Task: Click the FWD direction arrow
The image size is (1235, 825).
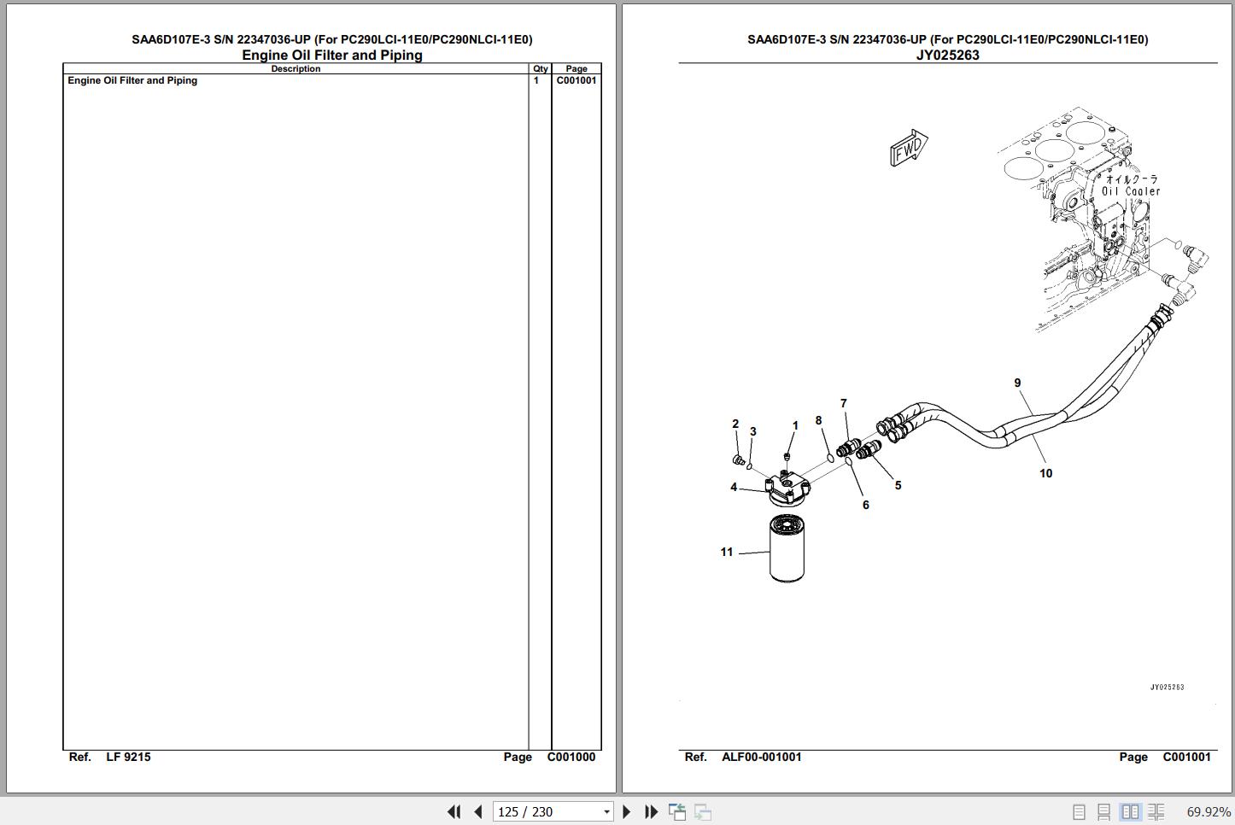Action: pyautogui.click(x=909, y=148)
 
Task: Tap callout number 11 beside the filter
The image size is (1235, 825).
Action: pyautogui.click(x=727, y=552)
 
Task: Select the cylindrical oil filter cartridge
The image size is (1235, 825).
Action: pyautogui.click(x=787, y=547)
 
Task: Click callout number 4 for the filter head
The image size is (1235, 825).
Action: pyautogui.click(x=734, y=487)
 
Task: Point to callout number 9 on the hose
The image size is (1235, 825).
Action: pyautogui.click(x=1017, y=383)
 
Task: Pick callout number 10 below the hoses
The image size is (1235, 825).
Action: pyautogui.click(x=1046, y=473)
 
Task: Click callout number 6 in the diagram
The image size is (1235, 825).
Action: pyautogui.click(x=865, y=505)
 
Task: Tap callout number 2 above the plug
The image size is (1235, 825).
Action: pyautogui.click(x=735, y=424)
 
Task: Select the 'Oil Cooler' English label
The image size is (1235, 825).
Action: pyautogui.click(x=1131, y=191)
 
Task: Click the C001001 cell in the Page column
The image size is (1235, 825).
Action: pyautogui.click(x=577, y=80)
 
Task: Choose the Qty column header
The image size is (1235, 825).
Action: pyautogui.click(x=541, y=69)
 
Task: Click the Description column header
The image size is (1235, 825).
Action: pyautogui.click(x=296, y=69)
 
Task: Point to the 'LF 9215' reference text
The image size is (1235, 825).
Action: pyautogui.click(x=128, y=758)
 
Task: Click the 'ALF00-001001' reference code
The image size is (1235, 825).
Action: pyautogui.click(x=761, y=758)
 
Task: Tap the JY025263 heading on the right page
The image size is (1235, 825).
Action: pyautogui.click(x=948, y=56)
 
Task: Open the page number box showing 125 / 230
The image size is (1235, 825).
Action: pyautogui.click(x=553, y=812)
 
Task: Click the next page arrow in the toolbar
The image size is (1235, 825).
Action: pyautogui.click(x=626, y=812)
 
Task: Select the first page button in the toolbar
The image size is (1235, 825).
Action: pyautogui.click(x=454, y=812)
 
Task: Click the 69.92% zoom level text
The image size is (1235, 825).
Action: pyautogui.click(x=1208, y=812)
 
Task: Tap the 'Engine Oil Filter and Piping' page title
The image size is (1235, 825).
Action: pyautogui.click(x=332, y=56)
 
